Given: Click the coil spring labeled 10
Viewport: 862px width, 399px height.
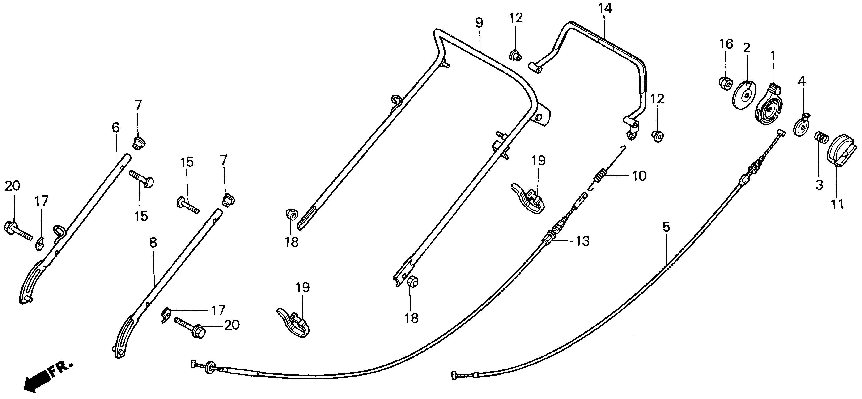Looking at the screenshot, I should click(x=602, y=175).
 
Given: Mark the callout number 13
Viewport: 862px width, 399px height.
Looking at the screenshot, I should click(x=583, y=241).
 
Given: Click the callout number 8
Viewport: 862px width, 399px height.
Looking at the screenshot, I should click(x=153, y=242).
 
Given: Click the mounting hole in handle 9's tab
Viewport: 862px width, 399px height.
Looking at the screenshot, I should click(x=538, y=117).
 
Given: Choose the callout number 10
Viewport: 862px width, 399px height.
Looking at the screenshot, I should click(x=639, y=176).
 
